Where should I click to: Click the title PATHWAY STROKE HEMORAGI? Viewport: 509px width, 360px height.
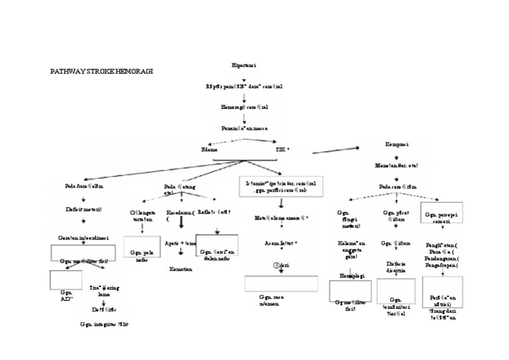101,71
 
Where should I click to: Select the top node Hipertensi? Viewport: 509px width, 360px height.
245,66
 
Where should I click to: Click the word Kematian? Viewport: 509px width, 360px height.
181,269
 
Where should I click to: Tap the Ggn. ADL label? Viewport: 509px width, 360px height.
66,295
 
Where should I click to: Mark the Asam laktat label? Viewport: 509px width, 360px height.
281,243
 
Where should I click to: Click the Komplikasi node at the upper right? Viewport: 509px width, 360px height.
397,145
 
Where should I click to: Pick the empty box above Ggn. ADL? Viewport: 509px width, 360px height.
66,280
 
